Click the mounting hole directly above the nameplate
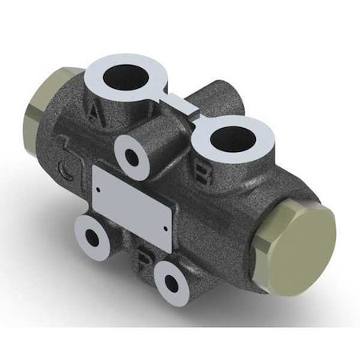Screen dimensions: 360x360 pos(133,157)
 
